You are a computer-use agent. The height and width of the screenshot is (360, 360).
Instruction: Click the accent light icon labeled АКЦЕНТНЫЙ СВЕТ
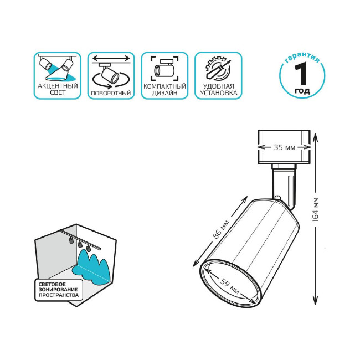point(57,68)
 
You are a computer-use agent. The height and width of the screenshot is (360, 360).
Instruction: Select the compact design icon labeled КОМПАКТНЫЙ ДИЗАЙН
point(164,69)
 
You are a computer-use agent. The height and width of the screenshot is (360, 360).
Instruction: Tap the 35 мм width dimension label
point(284,148)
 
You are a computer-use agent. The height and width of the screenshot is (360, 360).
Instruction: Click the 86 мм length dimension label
point(220,230)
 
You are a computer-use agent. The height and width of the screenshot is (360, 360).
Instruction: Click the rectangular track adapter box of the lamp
point(284,147)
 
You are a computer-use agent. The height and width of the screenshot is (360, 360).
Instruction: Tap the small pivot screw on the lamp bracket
point(282,197)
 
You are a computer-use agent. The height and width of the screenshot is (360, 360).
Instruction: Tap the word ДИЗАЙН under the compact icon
point(164,94)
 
